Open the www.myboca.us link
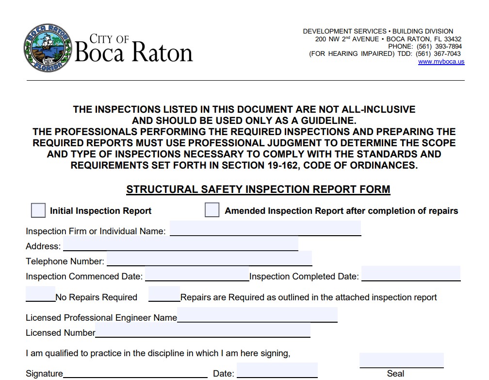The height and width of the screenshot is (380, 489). click(441, 62)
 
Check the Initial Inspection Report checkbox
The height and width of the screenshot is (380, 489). click(38, 210)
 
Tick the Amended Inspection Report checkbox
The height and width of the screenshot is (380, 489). click(212, 210)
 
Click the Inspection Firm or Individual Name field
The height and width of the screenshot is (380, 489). click(265, 228)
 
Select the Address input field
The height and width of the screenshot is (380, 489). click(180, 243)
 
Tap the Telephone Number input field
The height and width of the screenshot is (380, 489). click(209, 259)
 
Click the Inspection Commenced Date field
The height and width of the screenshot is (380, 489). click(197, 274)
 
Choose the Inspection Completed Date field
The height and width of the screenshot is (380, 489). click(410, 274)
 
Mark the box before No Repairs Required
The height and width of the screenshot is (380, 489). click(40, 294)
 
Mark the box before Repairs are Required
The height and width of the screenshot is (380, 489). click(164, 294)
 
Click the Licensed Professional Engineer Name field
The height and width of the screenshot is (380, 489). click(257, 315)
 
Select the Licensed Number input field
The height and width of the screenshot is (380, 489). click(203, 330)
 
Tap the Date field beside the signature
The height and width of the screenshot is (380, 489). click(277, 370)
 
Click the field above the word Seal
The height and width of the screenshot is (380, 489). click(401, 361)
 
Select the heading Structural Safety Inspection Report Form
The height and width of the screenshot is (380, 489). click(258, 190)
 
